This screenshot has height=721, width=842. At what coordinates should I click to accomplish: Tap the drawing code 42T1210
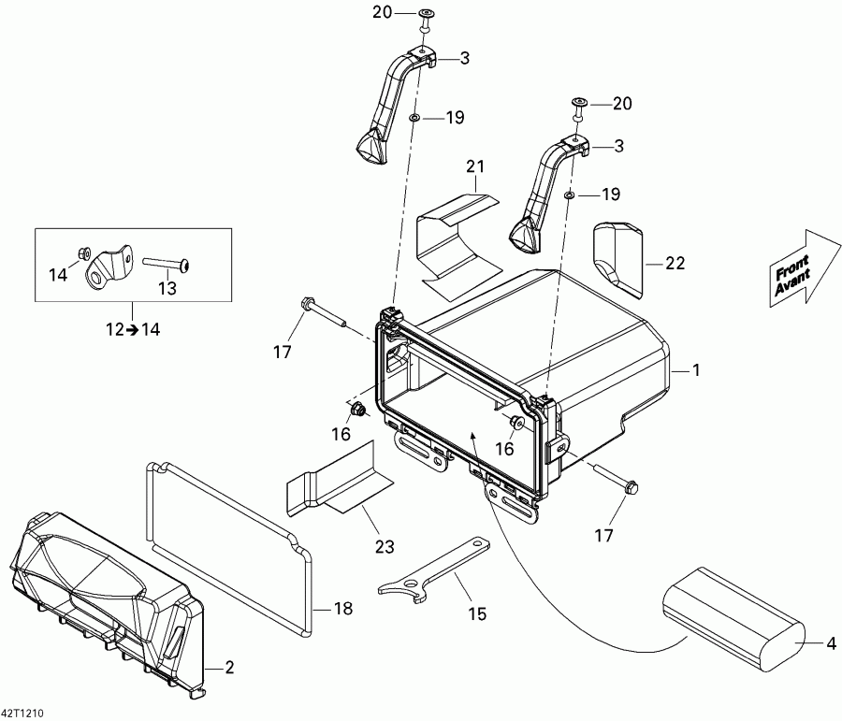click(24, 713)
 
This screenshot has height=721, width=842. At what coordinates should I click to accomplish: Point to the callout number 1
click(695, 370)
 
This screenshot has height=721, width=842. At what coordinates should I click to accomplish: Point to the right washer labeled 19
click(569, 194)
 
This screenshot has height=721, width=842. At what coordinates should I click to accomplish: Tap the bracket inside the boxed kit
click(105, 267)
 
